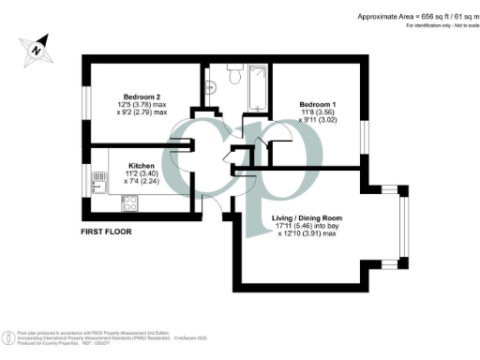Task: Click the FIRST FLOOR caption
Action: tap(107, 229)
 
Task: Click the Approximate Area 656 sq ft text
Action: tap(409, 16)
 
